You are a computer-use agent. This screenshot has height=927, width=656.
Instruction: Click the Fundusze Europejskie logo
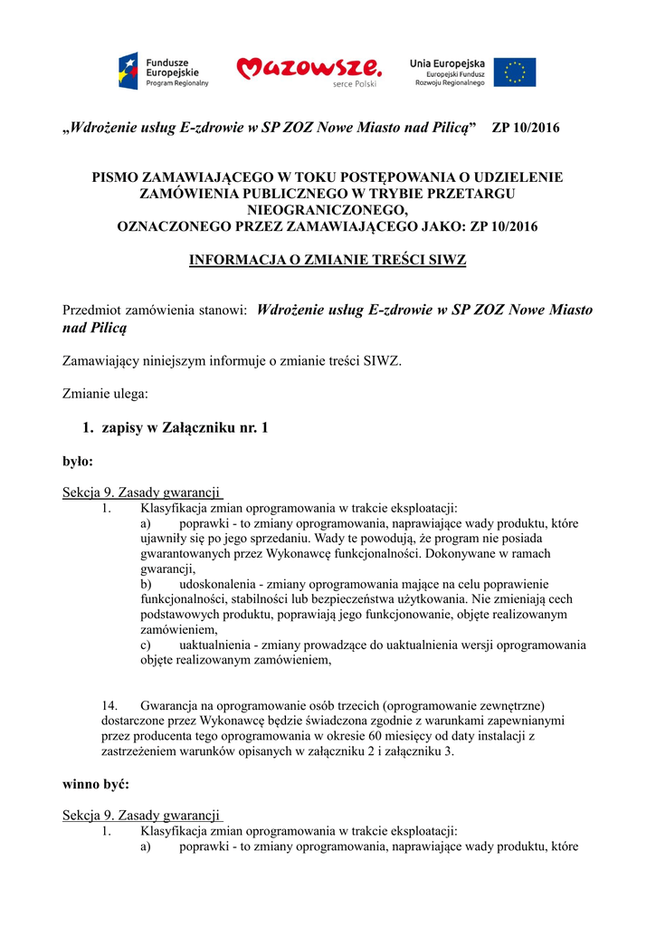tap(163, 71)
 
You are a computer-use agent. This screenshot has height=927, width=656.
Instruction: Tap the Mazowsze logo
tap(308, 70)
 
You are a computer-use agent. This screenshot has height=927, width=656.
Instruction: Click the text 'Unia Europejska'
tap(447, 62)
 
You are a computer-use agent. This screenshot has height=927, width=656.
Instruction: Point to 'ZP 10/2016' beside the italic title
tap(525, 128)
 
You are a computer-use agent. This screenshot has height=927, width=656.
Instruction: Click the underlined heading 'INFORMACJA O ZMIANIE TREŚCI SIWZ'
tap(328, 260)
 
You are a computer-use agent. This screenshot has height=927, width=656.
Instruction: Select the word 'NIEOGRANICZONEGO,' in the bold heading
tap(328, 210)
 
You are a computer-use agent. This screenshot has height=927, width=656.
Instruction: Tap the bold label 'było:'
tap(78, 461)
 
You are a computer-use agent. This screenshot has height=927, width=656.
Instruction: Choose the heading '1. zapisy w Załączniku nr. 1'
tap(175, 427)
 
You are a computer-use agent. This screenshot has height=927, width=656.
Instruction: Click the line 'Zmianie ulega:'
tap(105, 394)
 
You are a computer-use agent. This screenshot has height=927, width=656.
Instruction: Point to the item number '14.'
tap(109, 705)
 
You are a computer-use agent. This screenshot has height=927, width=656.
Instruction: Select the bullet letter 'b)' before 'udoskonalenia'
tap(147, 585)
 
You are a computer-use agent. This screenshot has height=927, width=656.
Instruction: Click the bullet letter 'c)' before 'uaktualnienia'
tap(146, 645)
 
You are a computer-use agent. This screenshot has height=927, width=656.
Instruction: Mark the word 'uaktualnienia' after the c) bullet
tap(215, 645)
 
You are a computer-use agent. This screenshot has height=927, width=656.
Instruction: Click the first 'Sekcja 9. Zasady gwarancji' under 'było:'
tap(142, 492)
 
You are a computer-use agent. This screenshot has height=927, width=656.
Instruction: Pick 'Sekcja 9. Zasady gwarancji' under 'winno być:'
tap(142, 815)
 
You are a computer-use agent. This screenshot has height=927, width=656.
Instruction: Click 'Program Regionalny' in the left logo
tap(177, 82)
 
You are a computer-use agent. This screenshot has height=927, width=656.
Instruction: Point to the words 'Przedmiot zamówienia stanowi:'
tap(155, 311)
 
